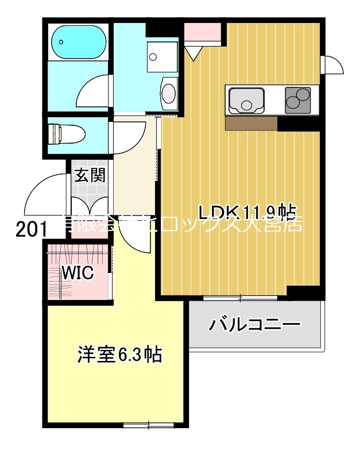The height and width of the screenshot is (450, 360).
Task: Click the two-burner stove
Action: coord(297,100)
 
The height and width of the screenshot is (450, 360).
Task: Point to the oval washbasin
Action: coord(169,94)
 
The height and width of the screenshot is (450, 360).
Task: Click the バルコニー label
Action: coord(254,325)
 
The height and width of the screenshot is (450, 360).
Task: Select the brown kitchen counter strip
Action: coord(251,123)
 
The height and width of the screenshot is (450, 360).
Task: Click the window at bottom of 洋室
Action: coord(148,425)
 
